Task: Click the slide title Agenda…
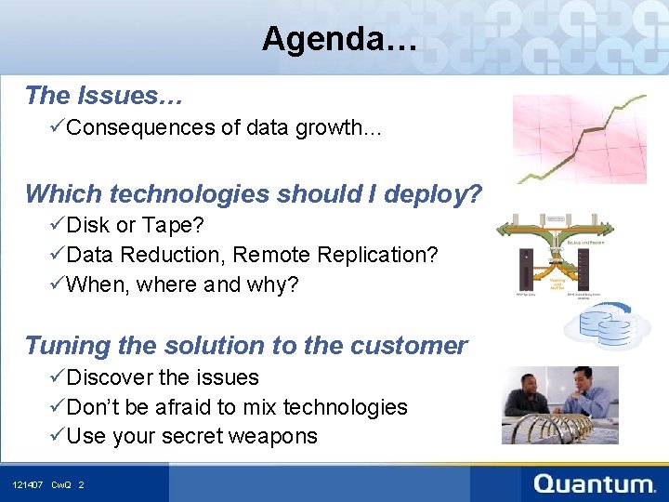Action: tap(339, 39)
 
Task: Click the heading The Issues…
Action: tap(103, 95)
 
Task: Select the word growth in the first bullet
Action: tap(331, 128)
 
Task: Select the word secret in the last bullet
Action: tap(189, 436)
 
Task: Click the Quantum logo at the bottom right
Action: tap(594, 483)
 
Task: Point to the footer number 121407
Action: tap(27, 485)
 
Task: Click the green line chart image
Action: tap(580, 138)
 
